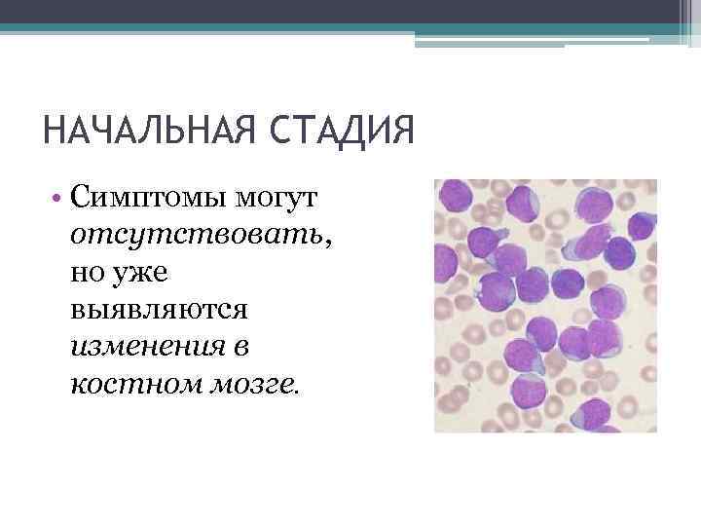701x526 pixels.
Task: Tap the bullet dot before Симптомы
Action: tap(59, 201)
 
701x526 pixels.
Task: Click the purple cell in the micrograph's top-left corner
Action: tap(452, 200)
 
